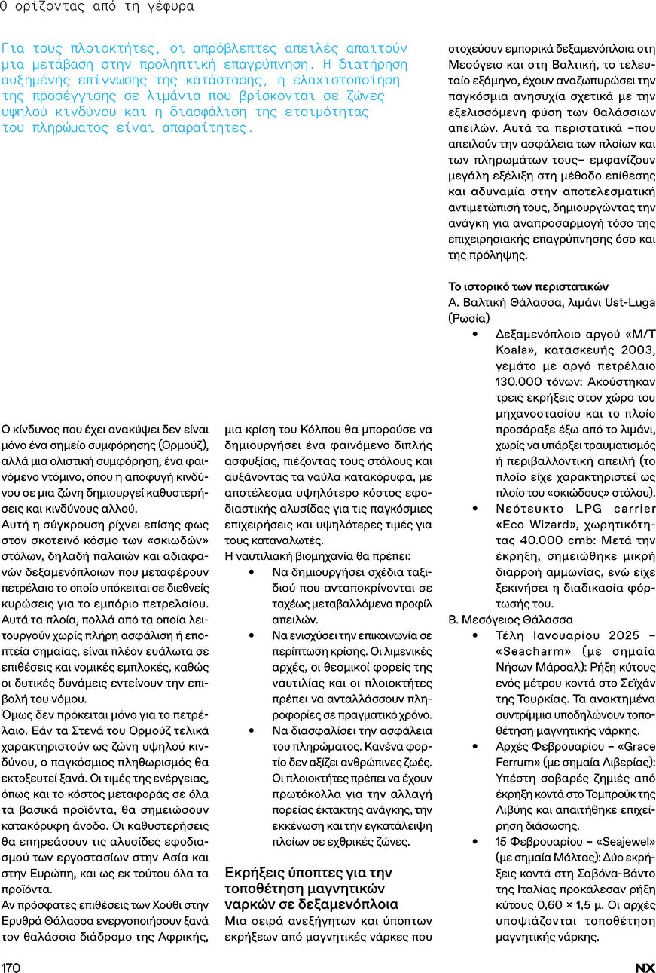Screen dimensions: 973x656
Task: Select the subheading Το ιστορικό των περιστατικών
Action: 528,286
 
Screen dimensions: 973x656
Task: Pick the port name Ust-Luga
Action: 628,302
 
